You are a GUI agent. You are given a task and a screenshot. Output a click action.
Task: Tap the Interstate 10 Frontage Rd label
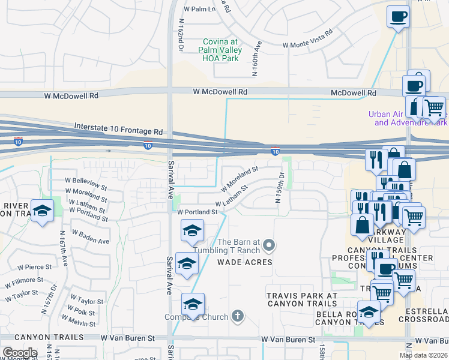(x=118, y=128)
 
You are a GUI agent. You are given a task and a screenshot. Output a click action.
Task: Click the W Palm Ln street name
(x=199, y=10)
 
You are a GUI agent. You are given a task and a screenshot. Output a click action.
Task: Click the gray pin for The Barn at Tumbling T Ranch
(x=269, y=244)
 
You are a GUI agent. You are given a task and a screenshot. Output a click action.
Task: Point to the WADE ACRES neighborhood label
(x=245, y=262)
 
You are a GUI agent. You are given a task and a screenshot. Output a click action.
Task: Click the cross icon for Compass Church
(x=237, y=316)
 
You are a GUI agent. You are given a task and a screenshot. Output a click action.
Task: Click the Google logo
(x=19, y=353)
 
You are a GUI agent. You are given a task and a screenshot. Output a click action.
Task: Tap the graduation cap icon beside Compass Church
(x=193, y=304)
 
